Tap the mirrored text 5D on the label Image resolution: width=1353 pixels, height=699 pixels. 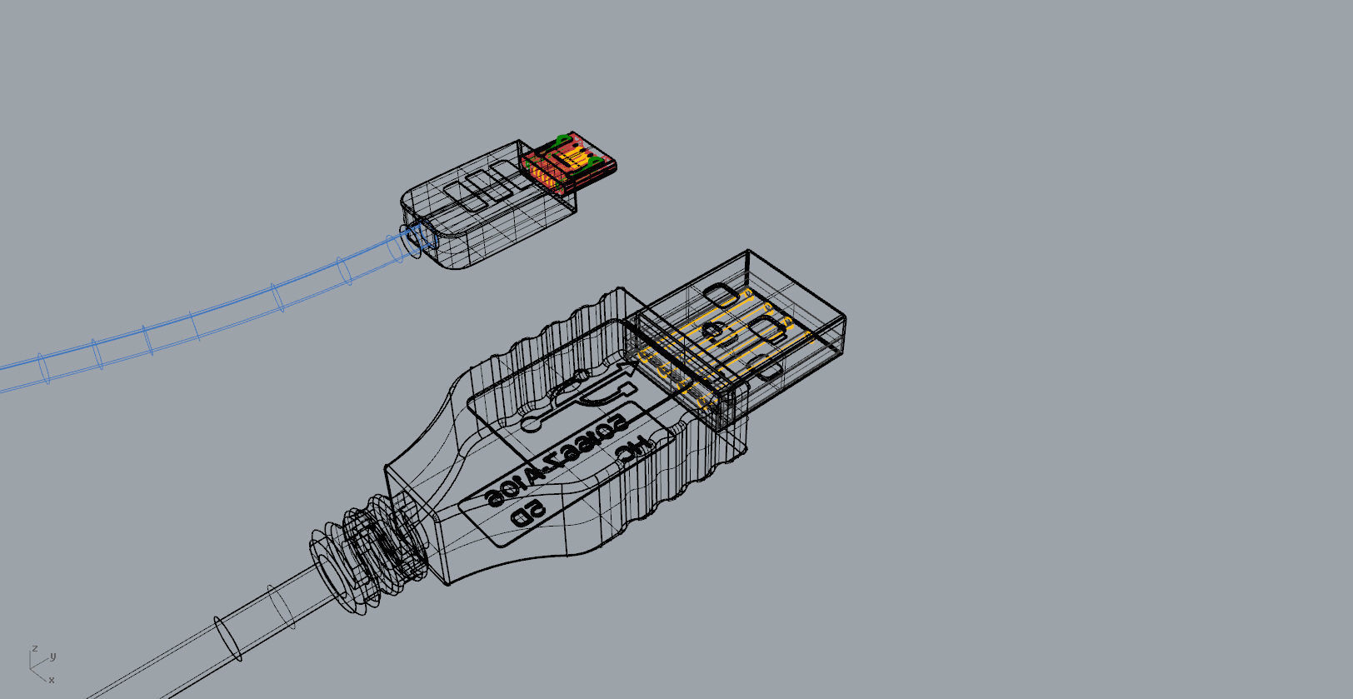point(528,512)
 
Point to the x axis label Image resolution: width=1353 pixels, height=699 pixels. point(52,680)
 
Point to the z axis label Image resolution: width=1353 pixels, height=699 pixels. point(34,648)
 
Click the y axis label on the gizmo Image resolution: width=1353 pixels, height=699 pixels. point(53,657)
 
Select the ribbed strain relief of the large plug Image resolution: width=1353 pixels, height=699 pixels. point(367,550)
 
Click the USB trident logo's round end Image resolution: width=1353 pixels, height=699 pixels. point(532,422)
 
